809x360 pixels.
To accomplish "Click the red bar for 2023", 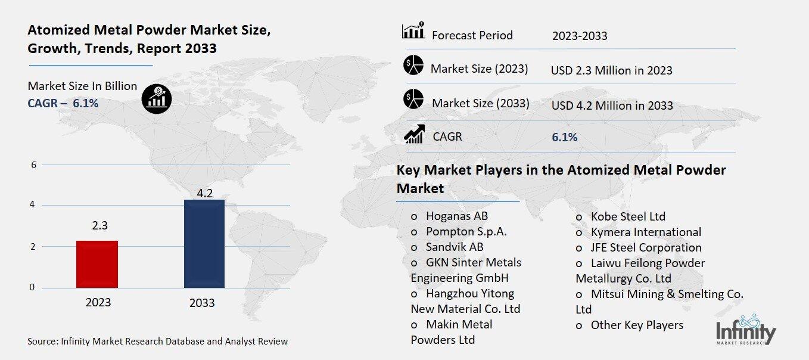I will [x=97, y=264].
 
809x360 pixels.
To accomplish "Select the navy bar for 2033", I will [x=204, y=244].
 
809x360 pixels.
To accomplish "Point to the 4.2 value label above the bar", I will [x=204, y=193].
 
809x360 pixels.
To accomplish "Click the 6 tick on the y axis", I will [x=33, y=165].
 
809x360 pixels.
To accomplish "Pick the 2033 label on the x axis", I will [x=202, y=303].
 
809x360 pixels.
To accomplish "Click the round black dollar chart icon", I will [x=157, y=97].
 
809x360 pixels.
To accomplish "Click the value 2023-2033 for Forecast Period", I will [x=579, y=36].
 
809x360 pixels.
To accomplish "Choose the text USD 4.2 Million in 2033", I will [x=612, y=105].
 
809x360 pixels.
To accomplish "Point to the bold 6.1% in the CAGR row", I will [x=564, y=137].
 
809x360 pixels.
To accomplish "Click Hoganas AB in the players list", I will [x=456, y=216].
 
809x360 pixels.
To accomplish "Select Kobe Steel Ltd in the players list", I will [x=628, y=216].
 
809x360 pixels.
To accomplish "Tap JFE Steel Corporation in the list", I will [x=646, y=247].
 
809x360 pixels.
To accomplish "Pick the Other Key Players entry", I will [x=636, y=325].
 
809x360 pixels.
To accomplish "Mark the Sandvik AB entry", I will [x=454, y=247].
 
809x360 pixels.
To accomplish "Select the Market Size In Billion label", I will [x=82, y=86].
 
